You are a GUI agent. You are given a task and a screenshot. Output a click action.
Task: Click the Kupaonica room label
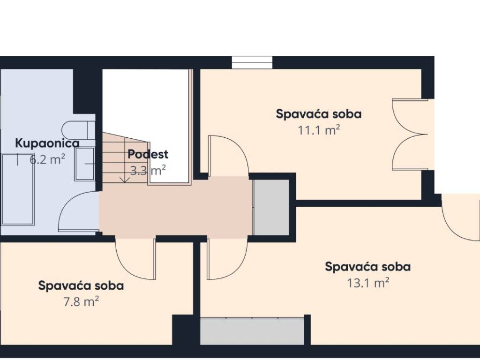[47, 143]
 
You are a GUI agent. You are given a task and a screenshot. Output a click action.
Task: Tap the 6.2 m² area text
[47, 159]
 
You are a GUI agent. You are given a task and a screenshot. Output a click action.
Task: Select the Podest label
[148, 154]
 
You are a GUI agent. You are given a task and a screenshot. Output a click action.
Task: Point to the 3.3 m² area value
[148, 170]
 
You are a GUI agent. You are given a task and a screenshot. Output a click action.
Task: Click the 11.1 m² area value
[319, 130]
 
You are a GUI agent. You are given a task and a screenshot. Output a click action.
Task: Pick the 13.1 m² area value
[367, 283]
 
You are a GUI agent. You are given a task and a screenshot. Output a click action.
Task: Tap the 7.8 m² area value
[81, 302]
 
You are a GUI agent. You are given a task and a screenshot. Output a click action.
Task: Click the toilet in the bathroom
[78, 130]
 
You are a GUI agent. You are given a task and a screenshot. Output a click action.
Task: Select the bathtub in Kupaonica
[17, 189]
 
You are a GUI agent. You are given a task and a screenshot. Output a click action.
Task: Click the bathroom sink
[84, 164]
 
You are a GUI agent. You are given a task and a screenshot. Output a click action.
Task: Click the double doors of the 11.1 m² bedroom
[410, 134]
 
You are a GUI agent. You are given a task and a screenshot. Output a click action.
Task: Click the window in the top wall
[252, 62]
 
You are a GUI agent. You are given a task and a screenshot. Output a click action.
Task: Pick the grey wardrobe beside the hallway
[271, 207]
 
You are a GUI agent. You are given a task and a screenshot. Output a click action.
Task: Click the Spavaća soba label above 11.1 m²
[319, 114]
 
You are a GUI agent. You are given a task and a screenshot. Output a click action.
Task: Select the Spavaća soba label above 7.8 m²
[81, 285]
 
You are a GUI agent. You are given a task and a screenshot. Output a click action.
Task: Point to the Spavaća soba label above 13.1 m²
[367, 267]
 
